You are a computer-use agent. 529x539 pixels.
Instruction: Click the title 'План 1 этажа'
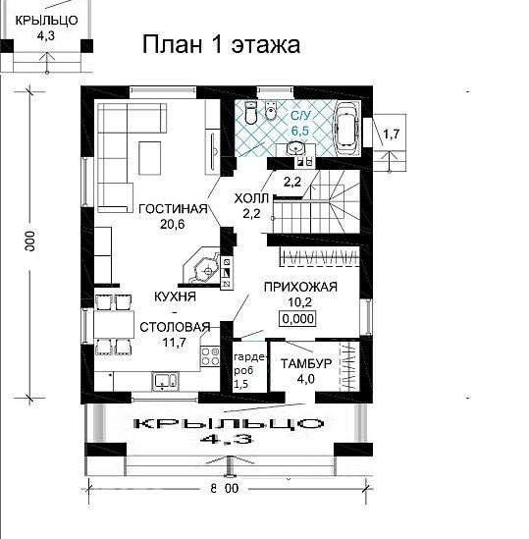[221, 44]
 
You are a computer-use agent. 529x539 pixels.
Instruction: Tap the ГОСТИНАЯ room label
[172, 208]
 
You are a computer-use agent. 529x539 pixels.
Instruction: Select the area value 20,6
[172, 224]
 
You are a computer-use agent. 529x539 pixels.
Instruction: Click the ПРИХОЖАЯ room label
[300, 287]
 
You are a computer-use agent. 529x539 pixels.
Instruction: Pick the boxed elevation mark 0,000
[300, 319]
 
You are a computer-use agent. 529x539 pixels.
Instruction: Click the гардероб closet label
[241, 365]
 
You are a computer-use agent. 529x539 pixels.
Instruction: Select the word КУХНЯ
[175, 296]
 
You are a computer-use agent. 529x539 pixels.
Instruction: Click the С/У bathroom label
[300, 115]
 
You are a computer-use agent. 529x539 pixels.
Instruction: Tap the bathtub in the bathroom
[345, 126]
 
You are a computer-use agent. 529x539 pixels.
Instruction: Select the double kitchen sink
[163, 380]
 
